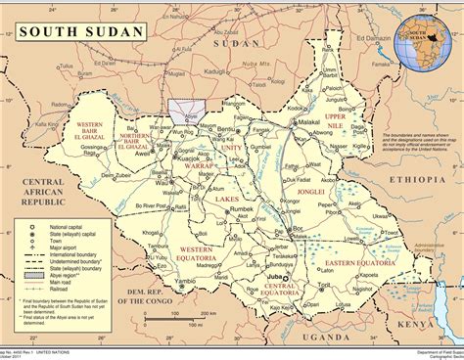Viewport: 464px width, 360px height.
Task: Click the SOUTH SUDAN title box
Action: [x=75, y=31]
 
